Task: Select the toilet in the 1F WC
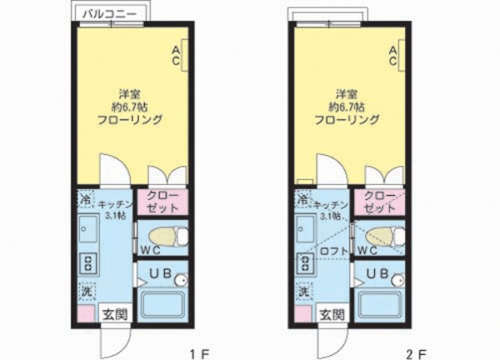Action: click(x=163, y=237)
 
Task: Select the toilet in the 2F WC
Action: click(x=379, y=237)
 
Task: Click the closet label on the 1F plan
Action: click(x=162, y=202)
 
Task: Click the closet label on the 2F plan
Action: click(x=377, y=202)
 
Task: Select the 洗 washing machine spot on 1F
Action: click(x=86, y=292)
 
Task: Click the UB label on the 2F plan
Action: click(x=375, y=272)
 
